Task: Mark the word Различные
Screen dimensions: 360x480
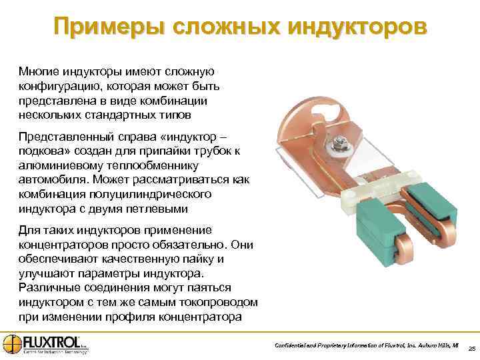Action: (47, 287)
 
